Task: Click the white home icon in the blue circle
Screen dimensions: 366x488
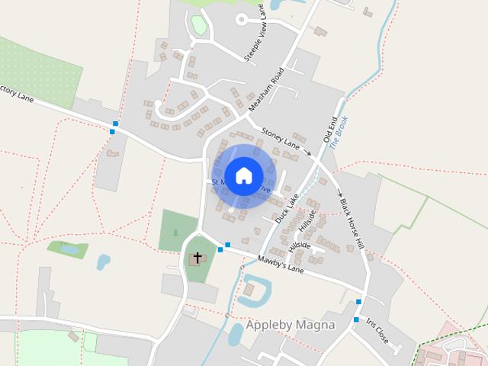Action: tap(244, 176)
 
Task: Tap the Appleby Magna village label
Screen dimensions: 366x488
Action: tap(290, 325)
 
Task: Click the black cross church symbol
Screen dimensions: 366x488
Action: tap(197, 258)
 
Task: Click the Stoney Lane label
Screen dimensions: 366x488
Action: tap(281, 137)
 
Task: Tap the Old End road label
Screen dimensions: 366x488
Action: tap(329, 131)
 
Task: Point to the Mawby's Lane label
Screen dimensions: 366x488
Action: tap(281, 265)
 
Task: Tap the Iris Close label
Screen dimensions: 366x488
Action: tap(377, 331)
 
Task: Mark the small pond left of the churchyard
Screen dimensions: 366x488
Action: tap(103, 262)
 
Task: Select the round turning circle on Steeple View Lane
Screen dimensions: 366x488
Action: tap(242, 19)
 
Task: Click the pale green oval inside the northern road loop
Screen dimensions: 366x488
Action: tap(199, 25)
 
